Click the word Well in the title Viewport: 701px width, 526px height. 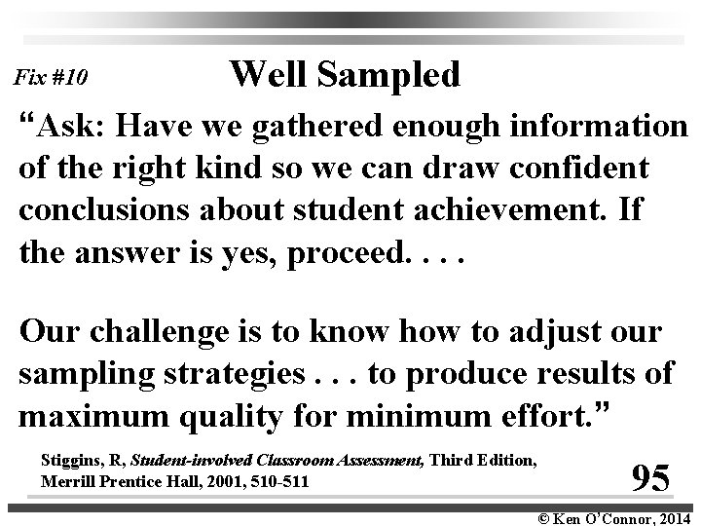point(266,74)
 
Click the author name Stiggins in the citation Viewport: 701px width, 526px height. point(71,458)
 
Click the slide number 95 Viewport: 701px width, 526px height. point(648,477)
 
